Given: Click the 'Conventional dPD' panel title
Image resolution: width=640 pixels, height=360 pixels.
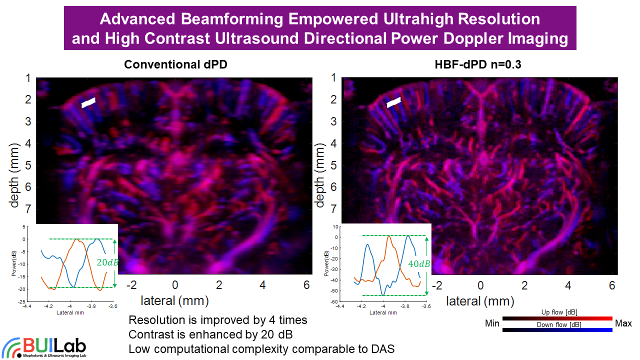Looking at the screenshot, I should (172, 65).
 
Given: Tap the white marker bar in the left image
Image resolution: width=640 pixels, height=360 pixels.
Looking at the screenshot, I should (88, 102).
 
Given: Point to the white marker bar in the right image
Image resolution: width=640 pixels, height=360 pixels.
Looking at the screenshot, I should (393, 102).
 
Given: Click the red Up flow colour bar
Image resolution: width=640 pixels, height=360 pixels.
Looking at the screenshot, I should (557, 318).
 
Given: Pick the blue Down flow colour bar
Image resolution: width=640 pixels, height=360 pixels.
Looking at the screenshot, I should (557, 330).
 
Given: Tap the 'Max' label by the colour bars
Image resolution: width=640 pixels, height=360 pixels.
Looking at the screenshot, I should (623, 323).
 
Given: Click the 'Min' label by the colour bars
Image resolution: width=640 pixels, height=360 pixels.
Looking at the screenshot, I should (492, 323).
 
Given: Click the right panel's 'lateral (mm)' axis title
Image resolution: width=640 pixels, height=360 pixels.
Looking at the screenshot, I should (480, 301).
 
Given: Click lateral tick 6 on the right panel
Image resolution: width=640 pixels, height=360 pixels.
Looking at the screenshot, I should (611, 285).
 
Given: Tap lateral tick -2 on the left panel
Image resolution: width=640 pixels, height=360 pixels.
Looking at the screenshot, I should (131, 285).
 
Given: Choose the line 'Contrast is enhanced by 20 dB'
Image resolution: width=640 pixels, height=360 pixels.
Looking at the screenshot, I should (210, 334).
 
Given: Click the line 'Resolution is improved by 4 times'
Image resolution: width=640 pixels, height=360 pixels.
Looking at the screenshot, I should (217, 319).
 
